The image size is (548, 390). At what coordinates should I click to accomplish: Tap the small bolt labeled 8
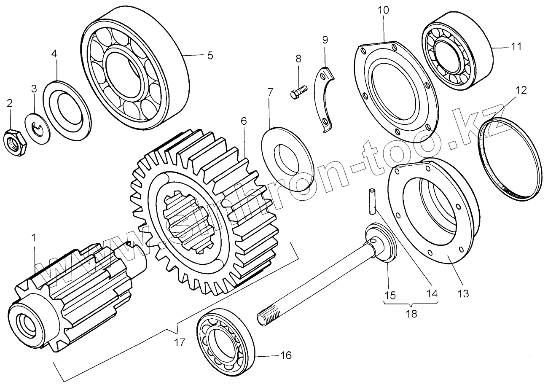pyautogui.click(x=298, y=92)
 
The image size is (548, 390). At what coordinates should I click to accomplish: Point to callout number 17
pyautogui.click(x=180, y=342)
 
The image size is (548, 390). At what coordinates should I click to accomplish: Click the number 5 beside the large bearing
pyautogui.click(x=210, y=55)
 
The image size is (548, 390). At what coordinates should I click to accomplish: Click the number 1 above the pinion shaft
pyautogui.click(x=34, y=238)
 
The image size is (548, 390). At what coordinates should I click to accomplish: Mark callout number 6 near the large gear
pyautogui.click(x=243, y=121)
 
